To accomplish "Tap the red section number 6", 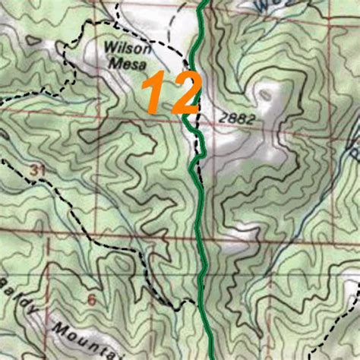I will tap(92, 298).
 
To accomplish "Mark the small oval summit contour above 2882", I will tap(264, 95).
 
